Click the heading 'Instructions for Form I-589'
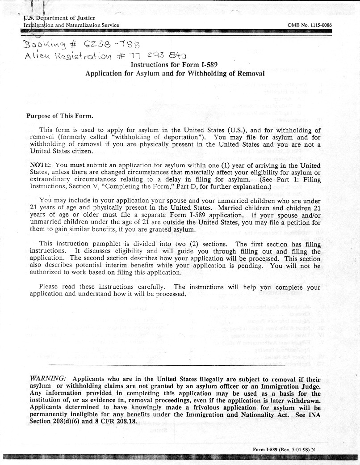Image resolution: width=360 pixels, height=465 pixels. click(174, 65)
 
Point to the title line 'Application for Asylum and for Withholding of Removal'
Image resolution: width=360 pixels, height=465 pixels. click(175, 73)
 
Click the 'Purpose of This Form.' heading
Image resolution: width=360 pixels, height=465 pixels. click(59, 116)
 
